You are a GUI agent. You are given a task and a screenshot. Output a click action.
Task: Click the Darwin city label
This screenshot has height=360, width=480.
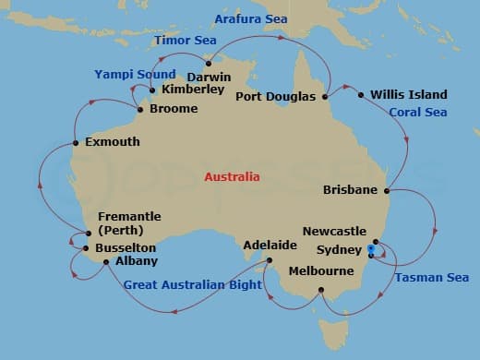(209, 77)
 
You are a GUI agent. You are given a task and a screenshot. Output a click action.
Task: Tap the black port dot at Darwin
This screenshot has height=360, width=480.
(209, 64)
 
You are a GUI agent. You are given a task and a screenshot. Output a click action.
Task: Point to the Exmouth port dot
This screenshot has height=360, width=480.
(75, 143)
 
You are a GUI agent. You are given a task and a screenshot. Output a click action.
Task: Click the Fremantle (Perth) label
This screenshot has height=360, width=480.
(129, 222)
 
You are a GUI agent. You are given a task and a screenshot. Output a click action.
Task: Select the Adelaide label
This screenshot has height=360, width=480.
(270, 246)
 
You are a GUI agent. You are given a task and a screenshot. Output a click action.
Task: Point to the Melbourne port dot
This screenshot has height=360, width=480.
(321, 291)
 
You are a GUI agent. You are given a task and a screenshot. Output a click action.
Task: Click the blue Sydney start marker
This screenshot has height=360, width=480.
(370, 249)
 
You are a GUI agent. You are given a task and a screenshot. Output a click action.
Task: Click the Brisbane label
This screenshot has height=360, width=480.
(351, 190)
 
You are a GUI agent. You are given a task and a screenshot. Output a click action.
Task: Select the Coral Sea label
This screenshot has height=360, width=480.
(417, 113)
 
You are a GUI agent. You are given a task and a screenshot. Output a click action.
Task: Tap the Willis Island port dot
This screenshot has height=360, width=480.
(360, 93)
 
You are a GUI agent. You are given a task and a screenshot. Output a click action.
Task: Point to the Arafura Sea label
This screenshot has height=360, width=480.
(250, 18)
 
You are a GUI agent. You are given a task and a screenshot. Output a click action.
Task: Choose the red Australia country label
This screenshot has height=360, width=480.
(232, 176)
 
